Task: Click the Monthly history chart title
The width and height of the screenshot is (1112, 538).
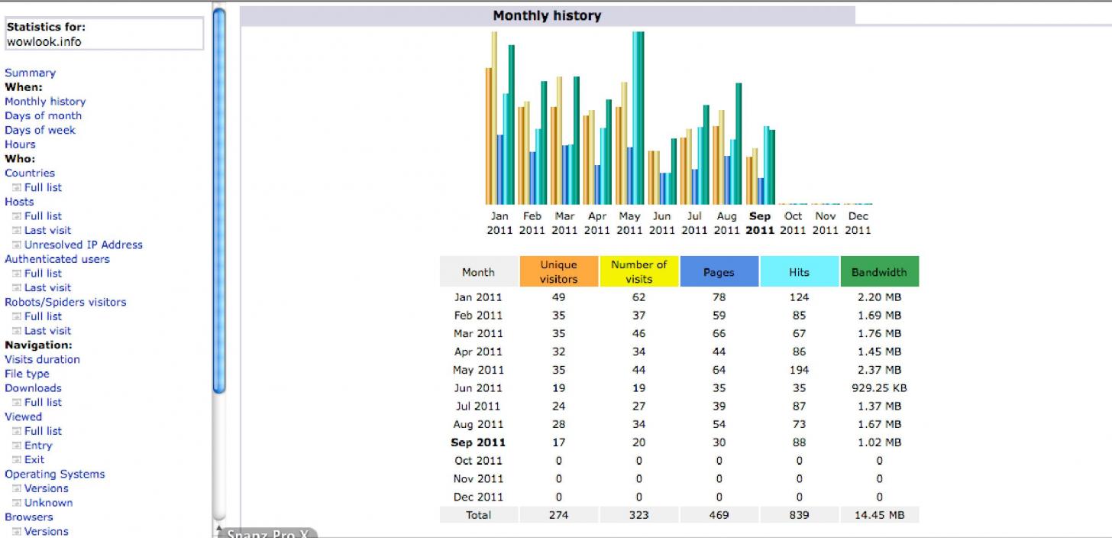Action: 547,15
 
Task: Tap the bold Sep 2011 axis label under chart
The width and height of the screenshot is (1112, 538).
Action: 760,223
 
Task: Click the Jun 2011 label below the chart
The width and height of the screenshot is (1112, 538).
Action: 662,223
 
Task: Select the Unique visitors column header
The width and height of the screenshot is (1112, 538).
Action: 558,271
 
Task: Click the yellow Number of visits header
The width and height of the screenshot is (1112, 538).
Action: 638,271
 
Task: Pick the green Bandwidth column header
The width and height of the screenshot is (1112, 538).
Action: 879,271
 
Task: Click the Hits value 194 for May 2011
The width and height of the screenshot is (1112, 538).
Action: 799,370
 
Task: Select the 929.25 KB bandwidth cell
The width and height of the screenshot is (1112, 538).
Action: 879,387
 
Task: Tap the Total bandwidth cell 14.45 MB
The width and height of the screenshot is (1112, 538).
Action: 879,515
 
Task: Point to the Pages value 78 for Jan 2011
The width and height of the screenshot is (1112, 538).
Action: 719,297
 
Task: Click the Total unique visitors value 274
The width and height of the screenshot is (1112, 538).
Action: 558,515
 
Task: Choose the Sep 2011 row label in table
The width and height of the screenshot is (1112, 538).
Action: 478,442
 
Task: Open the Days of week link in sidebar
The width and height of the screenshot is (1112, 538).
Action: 40,130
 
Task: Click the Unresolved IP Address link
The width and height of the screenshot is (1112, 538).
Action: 83,245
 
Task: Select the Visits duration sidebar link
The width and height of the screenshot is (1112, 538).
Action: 42,359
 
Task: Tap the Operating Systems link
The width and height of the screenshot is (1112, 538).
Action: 54,474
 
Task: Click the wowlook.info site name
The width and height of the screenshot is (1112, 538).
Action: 44,41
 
